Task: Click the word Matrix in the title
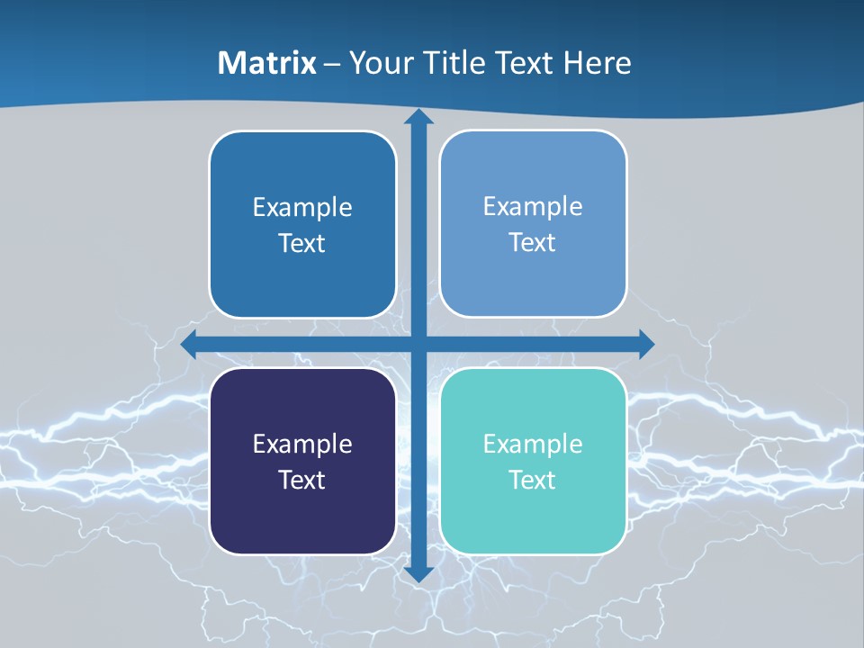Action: click(x=267, y=63)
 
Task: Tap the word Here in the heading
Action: click(x=598, y=63)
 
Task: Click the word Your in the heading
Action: click(x=382, y=63)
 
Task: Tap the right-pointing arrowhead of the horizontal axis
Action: click(x=646, y=345)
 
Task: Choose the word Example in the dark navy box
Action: click(x=302, y=444)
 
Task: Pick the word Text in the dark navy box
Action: click(x=302, y=480)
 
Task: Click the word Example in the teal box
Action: click(x=533, y=444)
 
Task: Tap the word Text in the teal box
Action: click(x=533, y=480)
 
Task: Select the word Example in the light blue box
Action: click(x=533, y=206)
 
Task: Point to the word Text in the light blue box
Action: click(x=533, y=242)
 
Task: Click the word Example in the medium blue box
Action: click(x=302, y=207)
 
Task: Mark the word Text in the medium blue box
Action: click(x=302, y=243)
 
